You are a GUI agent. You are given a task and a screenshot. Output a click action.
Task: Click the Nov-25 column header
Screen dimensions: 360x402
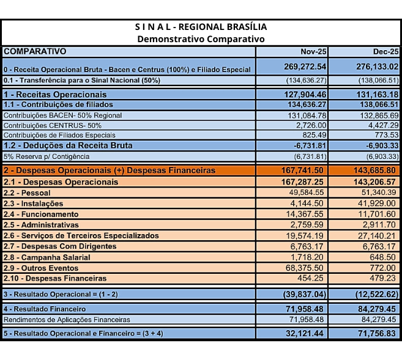(x=314, y=52)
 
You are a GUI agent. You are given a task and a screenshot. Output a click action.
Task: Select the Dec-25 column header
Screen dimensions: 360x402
(x=386, y=52)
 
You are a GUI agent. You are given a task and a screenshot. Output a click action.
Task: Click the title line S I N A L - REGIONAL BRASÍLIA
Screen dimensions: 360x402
(x=201, y=27)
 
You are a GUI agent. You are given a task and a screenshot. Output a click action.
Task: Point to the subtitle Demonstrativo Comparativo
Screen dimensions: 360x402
(x=201, y=39)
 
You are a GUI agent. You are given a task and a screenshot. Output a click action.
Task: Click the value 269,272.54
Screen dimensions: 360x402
(x=305, y=66)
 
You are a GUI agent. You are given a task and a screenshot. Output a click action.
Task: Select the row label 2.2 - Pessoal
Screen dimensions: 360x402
(x=28, y=193)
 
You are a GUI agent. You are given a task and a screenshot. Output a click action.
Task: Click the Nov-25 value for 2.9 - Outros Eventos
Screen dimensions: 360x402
(x=309, y=268)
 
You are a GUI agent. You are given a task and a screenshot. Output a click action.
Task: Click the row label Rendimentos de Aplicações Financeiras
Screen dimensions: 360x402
(x=67, y=319)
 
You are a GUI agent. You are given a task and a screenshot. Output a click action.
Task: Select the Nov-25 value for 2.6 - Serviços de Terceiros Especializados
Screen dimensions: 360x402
(x=309, y=235)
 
